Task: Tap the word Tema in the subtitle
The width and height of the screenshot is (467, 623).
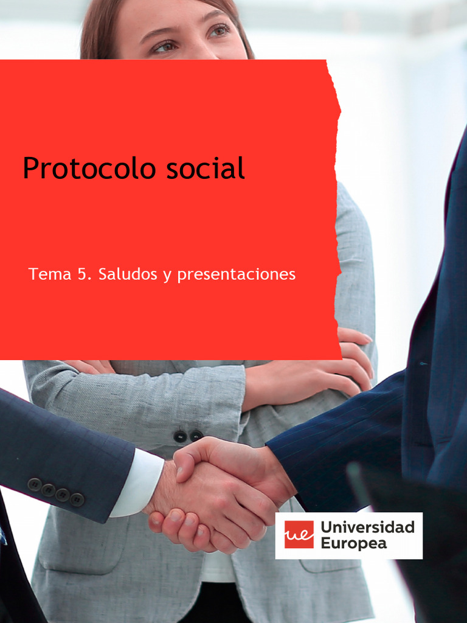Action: (50, 274)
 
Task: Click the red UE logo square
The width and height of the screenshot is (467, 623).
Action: (299, 535)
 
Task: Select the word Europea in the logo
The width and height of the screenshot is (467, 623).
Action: (353, 543)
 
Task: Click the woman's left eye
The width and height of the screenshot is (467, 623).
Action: (219, 30)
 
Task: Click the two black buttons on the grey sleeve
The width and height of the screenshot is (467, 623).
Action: (188, 436)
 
